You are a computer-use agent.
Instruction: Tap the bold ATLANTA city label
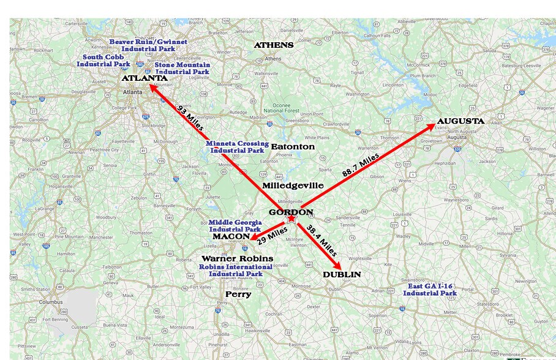[144, 78]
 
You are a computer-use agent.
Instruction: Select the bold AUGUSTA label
[460, 121]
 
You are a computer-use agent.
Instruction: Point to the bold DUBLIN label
[342, 274]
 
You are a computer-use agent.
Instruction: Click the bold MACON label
[231, 236]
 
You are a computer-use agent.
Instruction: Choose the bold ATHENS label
[274, 45]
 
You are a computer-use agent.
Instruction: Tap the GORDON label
[291, 212]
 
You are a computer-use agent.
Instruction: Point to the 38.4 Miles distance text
[321, 241]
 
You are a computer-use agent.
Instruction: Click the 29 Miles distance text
[272, 235]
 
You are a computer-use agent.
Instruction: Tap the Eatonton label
[293, 147]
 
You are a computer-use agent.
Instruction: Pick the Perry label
[238, 294]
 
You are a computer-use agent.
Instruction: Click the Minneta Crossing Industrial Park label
[237, 147]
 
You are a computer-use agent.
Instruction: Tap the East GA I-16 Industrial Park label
[430, 290]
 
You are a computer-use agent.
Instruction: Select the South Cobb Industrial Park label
[107, 61]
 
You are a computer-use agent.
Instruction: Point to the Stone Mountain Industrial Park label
[182, 68]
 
